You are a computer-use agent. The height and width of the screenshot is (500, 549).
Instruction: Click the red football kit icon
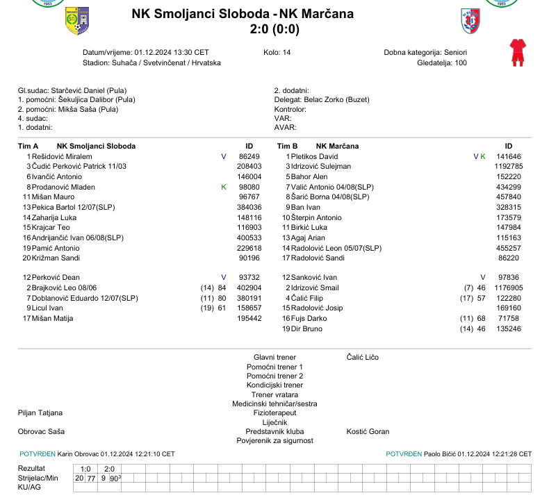click(516, 53)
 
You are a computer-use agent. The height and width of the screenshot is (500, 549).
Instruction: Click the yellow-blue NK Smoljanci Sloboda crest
click(76, 22)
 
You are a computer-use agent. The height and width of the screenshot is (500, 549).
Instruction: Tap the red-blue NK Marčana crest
click(470, 21)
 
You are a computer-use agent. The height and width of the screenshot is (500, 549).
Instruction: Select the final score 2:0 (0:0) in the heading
click(274, 29)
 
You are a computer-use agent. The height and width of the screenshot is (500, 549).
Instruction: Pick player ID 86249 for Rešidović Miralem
click(249, 157)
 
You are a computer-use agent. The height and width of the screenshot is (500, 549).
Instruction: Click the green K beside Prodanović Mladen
click(224, 187)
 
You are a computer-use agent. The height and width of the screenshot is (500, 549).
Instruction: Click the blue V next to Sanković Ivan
click(483, 278)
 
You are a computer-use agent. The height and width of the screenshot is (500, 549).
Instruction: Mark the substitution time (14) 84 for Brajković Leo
click(213, 287)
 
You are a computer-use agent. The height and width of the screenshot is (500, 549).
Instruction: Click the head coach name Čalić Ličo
click(362, 357)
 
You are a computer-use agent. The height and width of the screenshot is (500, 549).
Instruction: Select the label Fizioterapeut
click(274, 412)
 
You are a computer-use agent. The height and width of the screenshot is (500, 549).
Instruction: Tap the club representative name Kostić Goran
click(368, 431)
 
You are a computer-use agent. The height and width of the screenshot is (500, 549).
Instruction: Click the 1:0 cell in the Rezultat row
click(85, 469)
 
